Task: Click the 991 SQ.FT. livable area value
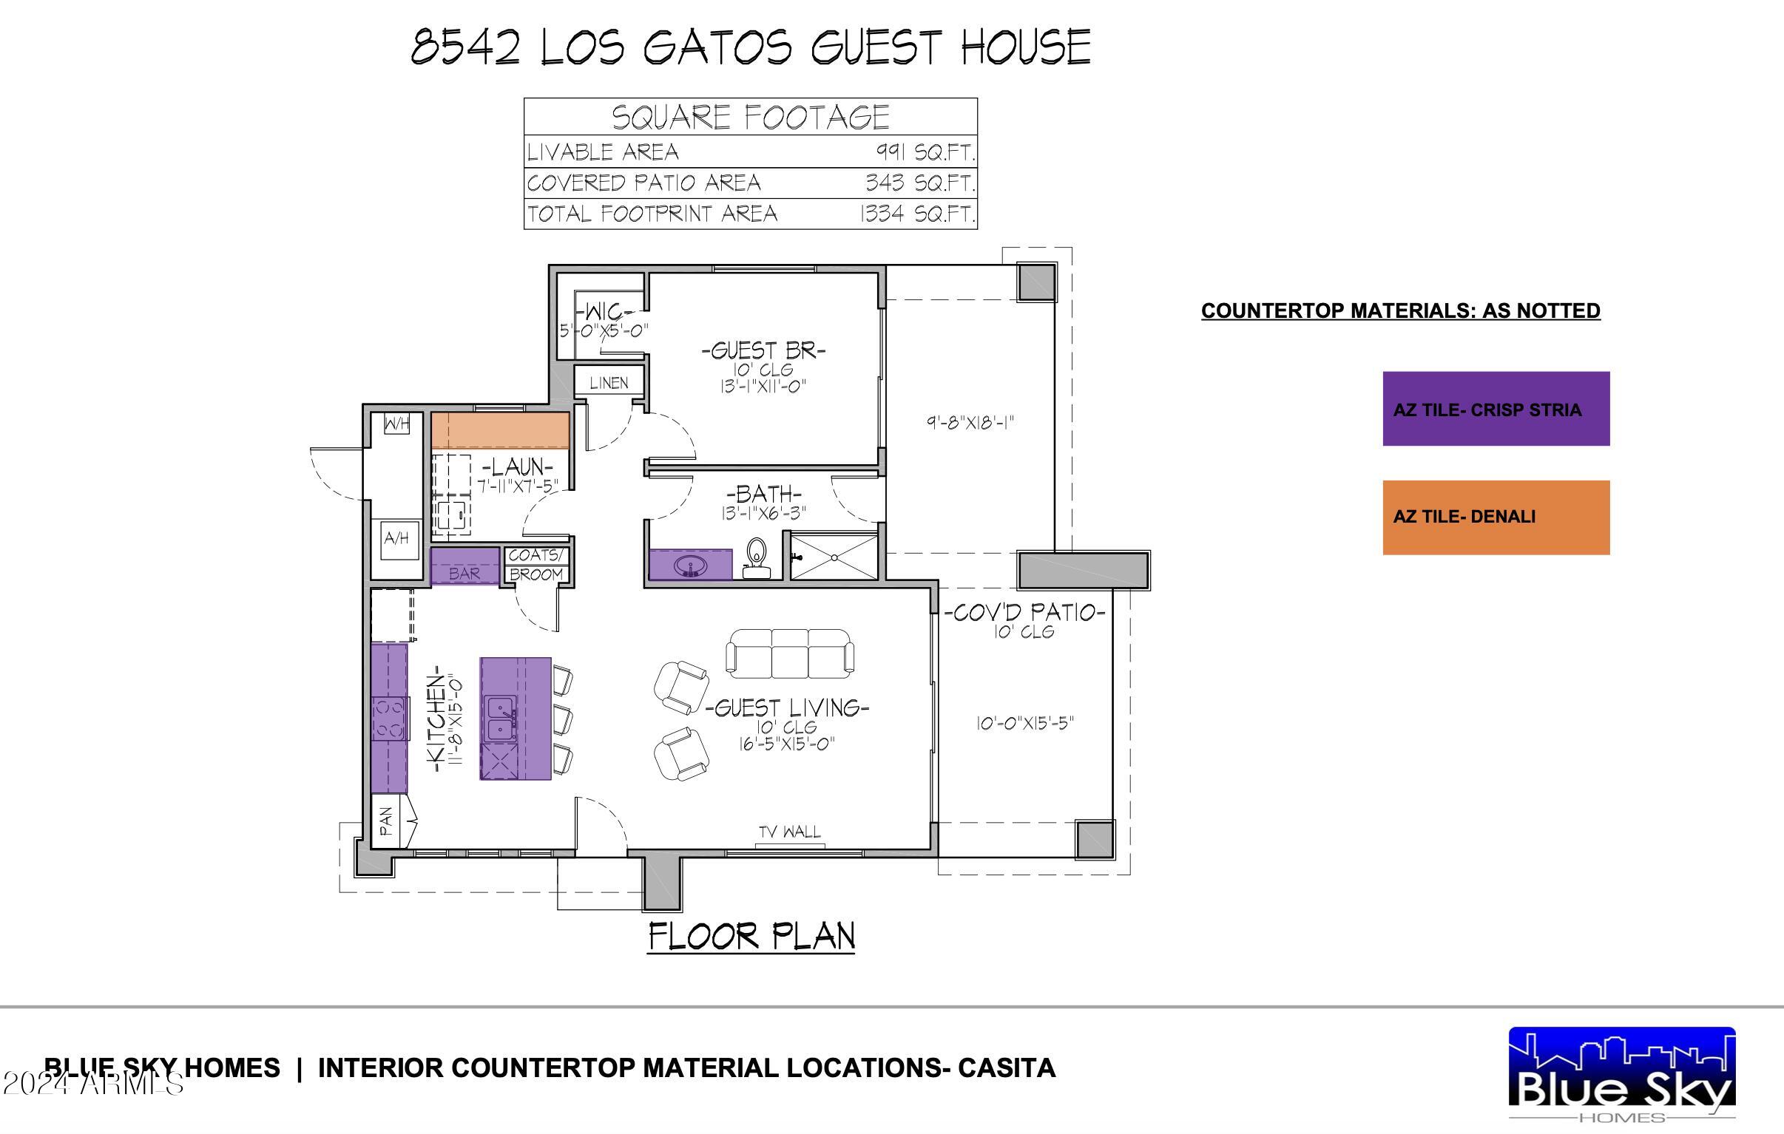point(925,152)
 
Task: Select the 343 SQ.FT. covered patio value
point(919,183)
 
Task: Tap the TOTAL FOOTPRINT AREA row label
point(652,214)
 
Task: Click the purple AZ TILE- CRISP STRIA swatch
point(1495,409)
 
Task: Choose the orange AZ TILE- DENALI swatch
point(1495,517)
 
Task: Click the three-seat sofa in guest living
point(790,653)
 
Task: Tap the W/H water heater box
point(396,424)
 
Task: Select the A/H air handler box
point(396,538)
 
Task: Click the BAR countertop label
point(464,574)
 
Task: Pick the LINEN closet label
point(608,383)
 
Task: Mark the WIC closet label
point(604,312)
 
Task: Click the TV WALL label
point(790,832)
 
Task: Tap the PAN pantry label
point(386,821)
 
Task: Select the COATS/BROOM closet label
point(535,564)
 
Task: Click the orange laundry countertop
point(500,430)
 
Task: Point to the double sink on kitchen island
point(501,719)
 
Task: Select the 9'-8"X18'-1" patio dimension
point(970,423)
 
